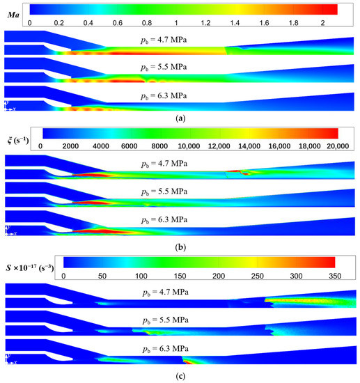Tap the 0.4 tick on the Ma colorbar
pos(90,22)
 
